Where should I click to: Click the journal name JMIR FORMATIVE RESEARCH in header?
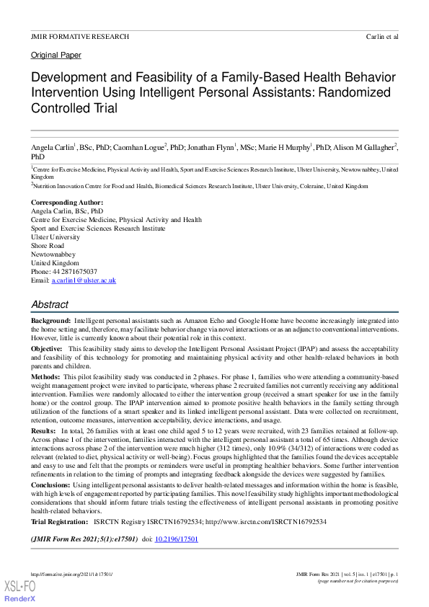(80, 36)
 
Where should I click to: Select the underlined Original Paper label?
(56, 55)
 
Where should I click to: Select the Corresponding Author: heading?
(67, 203)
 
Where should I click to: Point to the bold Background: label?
(50, 319)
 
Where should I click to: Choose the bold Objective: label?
(47, 348)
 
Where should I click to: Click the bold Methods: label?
(46, 377)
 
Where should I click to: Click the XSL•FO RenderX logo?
(20, 590)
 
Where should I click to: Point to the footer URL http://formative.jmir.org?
(72, 574)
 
